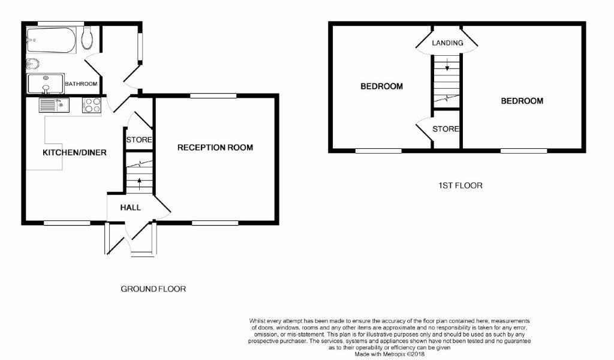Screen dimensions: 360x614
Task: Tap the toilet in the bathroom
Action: pos(88,38)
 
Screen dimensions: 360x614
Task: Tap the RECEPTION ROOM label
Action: pos(215,147)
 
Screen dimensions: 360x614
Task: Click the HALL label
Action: pos(130,208)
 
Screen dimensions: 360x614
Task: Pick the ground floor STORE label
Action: pos(139,140)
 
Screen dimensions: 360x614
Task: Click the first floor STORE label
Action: pos(446,129)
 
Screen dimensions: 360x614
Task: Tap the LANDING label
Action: pos(447,43)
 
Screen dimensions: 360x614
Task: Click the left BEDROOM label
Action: pos(381,86)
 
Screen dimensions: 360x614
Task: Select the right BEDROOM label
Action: pos(522,101)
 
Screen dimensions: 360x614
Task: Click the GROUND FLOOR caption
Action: pos(153,289)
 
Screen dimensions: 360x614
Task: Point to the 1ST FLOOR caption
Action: pos(460,185)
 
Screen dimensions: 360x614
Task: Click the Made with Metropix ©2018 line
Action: pos(390,355)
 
